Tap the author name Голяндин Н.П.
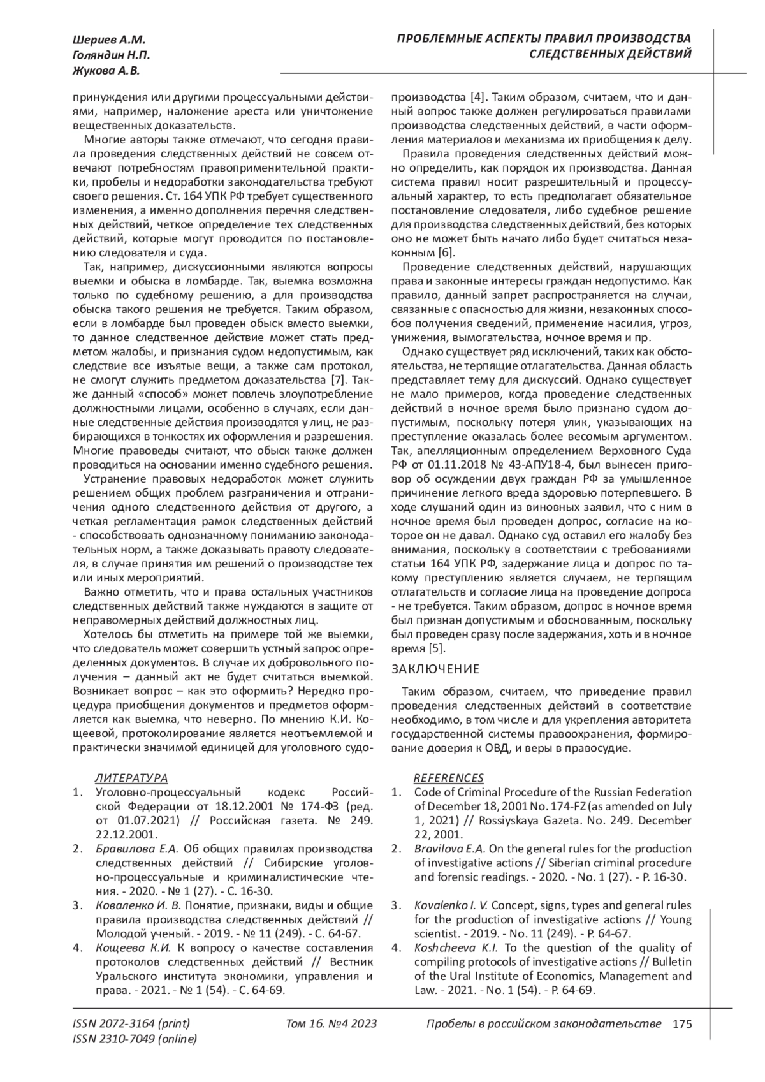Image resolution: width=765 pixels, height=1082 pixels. click(108, 56)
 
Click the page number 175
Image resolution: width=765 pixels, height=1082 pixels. click(681, 1025)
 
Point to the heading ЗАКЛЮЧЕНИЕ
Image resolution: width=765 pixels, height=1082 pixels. click(435, 669)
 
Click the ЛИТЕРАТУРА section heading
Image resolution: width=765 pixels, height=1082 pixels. click(131, 778)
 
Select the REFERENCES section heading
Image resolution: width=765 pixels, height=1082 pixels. click(448, 778)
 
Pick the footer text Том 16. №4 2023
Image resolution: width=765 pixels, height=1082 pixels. click(331, 1025)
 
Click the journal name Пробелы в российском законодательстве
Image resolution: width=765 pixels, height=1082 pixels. click(543, 1025)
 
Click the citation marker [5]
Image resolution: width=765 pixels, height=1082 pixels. click(435, 648)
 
